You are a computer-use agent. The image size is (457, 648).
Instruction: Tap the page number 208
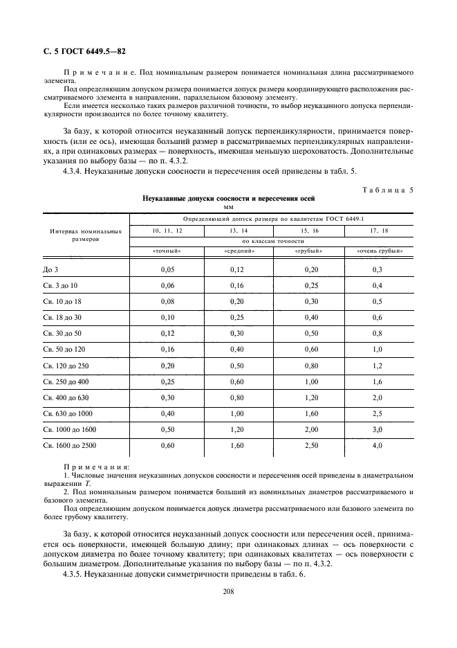pos(228,591)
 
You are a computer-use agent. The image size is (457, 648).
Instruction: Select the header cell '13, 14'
pos(229,229)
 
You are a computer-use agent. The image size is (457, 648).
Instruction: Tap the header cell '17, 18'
pos(379,229)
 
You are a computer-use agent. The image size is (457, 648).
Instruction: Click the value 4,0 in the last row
pos(377,445)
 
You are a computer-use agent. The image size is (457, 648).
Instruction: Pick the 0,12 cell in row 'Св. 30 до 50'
pos(166,333)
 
